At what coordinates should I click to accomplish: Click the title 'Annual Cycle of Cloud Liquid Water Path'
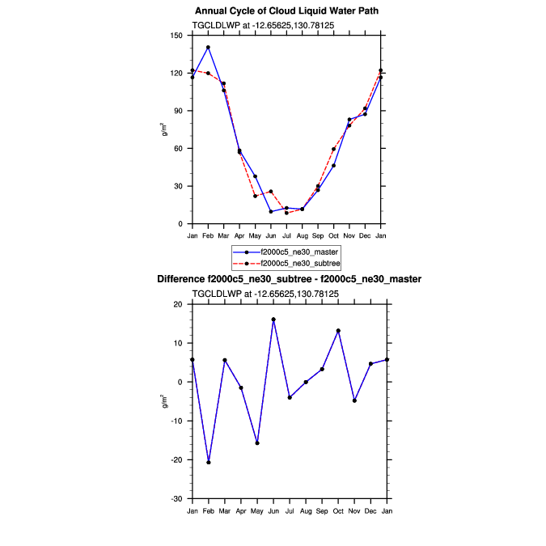[287, 11]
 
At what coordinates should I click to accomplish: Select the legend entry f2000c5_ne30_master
[298, 252]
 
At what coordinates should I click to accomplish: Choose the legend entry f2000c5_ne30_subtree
[298, 263]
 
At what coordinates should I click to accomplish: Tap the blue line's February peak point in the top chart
[208, 47]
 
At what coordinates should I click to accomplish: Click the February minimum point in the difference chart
[209, 462]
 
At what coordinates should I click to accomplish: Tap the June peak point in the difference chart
[273, 320]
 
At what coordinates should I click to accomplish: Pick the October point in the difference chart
[338, 331]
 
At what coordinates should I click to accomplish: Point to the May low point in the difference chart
[257, 443]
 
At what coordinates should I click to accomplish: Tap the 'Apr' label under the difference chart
[241, 510]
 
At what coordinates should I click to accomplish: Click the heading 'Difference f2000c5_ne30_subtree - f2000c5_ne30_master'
[289, 279]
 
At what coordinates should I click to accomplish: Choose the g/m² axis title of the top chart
[164, 129]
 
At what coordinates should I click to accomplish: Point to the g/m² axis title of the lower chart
[164, 401]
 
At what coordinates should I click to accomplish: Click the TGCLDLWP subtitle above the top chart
[263, 26]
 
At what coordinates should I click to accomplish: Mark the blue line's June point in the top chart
[271, 211]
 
